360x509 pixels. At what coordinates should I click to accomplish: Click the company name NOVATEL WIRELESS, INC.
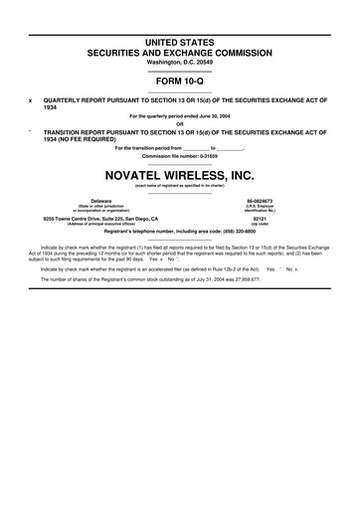180,172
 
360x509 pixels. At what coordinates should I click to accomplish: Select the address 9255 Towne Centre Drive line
100,219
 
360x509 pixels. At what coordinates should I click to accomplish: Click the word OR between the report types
180,124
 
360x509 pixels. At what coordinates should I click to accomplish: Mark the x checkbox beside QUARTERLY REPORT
31,100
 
